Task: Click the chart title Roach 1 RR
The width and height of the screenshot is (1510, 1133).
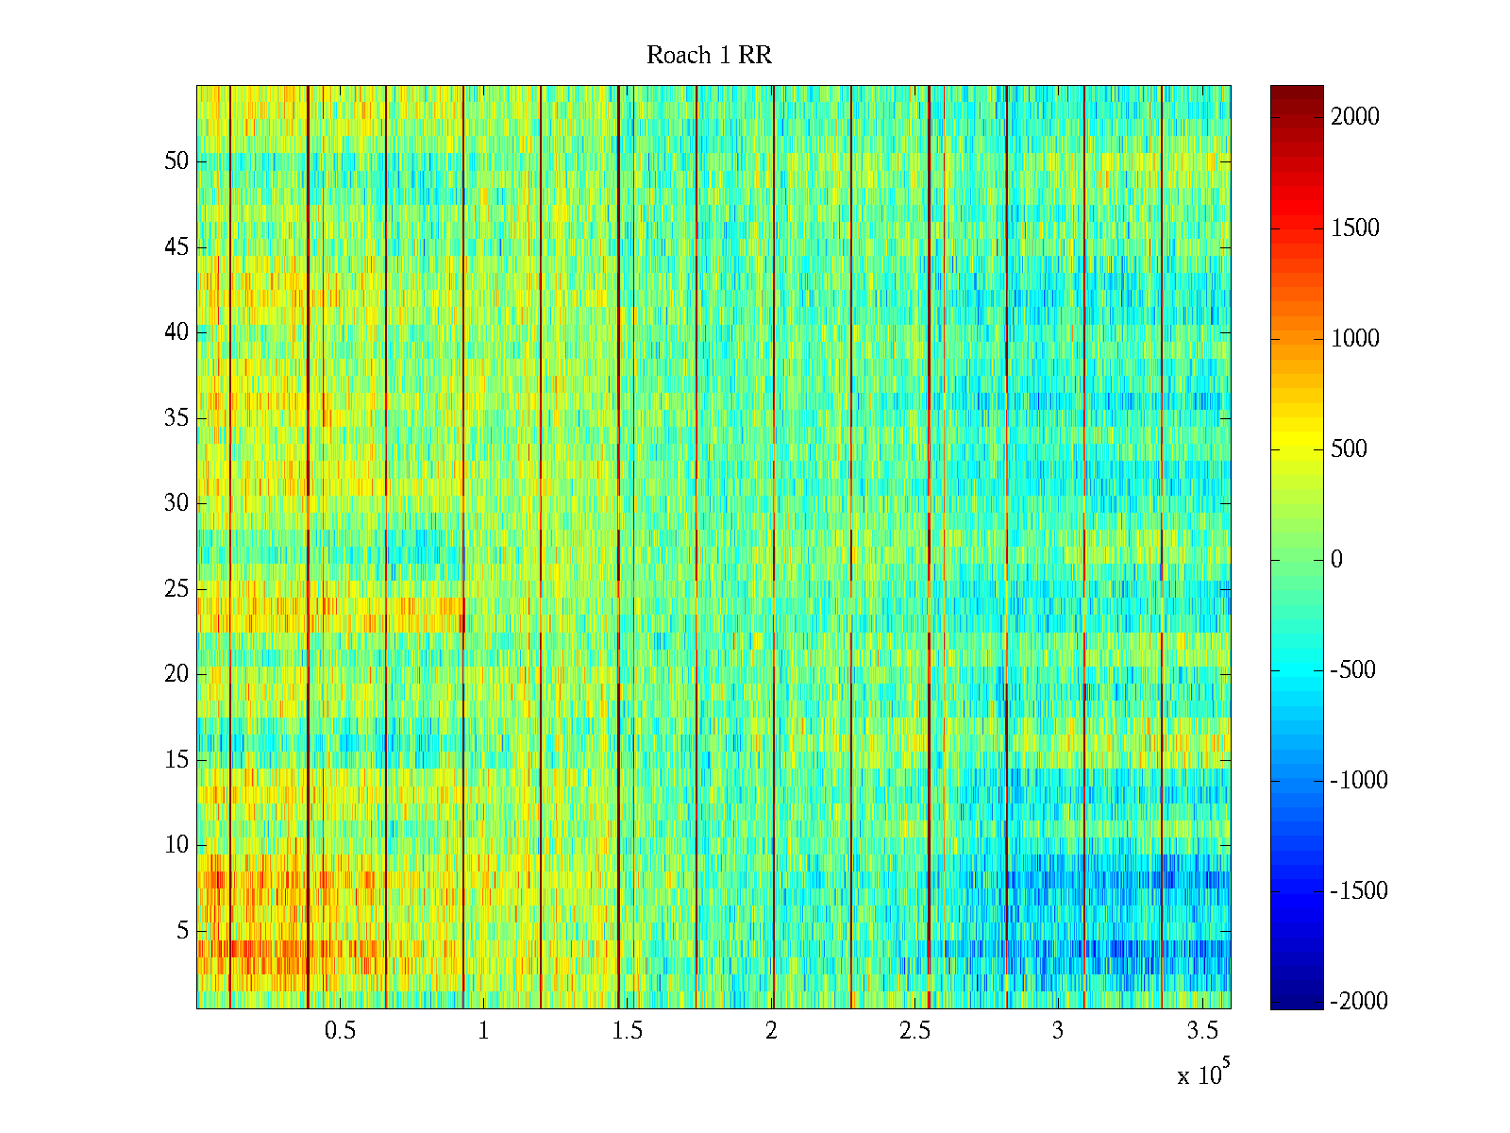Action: click(709, 56)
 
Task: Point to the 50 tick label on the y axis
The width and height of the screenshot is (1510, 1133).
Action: click(176, 161)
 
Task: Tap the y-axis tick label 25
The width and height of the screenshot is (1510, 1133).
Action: click(176, 589)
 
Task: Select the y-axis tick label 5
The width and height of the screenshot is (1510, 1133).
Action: click(182, 931)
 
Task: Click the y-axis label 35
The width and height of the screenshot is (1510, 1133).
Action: click(176, 418)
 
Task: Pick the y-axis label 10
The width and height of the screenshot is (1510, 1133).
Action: click(176, 845)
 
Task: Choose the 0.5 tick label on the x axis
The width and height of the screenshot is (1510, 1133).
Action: click(341, 1031)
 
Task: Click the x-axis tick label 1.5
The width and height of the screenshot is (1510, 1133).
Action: click(628, 1031)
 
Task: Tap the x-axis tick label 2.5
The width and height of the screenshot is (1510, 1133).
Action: click(914, 1031)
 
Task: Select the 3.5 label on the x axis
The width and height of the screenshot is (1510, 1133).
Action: click(1201, 1031)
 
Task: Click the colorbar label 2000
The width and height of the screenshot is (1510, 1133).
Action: click(1355, 117)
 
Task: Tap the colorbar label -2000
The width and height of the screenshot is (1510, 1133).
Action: click(1359, 1002)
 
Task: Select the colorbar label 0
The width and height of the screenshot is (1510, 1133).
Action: click(1336, 560)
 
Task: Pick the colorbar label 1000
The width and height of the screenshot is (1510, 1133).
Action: click(1355, 339)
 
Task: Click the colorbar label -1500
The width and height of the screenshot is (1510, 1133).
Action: click(1359, 891)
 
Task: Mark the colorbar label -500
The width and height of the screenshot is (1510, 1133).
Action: click(1353, 670)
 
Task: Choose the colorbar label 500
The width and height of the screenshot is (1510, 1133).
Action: click(1350, 449)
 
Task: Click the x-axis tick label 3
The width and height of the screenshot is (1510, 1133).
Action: click(1058, 1031)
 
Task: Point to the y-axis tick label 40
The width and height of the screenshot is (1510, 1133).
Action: click(176, 332)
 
